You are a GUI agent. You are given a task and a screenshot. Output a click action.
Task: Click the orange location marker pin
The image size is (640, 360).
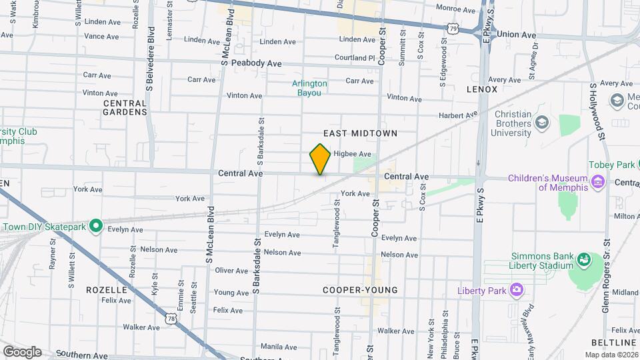click(321, 159)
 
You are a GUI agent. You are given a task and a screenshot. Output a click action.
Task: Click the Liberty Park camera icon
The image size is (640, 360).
click(516, 290)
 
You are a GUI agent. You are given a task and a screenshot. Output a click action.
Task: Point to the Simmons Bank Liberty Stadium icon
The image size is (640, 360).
click(585, 258)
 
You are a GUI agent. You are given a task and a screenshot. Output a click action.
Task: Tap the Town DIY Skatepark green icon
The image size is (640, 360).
click(95, 227)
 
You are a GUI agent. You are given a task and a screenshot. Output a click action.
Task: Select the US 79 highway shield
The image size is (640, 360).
click(453, 29)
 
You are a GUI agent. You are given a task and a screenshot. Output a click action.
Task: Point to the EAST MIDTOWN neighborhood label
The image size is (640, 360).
click(361, 133)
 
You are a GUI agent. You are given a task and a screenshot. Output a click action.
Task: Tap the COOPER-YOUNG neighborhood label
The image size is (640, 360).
click(360, 290)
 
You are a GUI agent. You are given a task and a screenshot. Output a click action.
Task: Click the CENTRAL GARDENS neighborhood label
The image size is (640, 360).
click(125, 107)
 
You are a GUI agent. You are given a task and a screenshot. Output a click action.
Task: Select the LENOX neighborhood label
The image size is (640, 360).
click(482, 89)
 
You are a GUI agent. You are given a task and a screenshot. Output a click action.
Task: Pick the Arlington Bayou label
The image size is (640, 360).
click(309, 88)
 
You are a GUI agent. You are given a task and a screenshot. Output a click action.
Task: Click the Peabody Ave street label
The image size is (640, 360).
click(257, 63)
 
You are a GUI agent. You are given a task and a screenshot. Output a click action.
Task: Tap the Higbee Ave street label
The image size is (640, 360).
click(352, 154)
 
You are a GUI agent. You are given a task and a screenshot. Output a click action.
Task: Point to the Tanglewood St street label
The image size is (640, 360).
click(337, 227)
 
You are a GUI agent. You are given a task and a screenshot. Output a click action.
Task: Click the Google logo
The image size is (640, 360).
click(22, 352)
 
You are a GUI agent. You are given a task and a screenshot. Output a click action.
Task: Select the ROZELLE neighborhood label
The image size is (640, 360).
click(107, 290)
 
